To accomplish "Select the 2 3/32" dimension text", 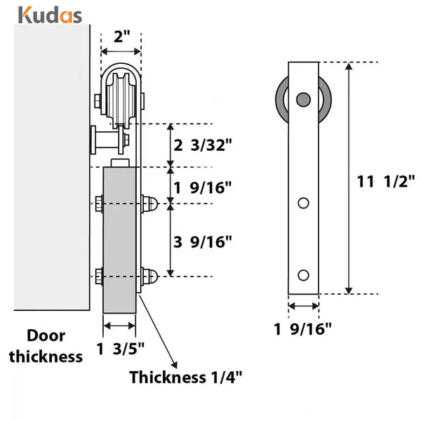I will click(203, 146).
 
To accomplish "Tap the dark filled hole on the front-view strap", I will click(303, 99).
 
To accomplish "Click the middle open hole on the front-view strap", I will click(303, 203).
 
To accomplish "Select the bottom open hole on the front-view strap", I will click(303, 274).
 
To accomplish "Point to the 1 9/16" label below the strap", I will click(303, 328).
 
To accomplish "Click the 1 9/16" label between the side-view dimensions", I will click(203, 187).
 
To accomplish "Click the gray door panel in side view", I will click(120, 239).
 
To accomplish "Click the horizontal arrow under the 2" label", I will click(121, 53).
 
